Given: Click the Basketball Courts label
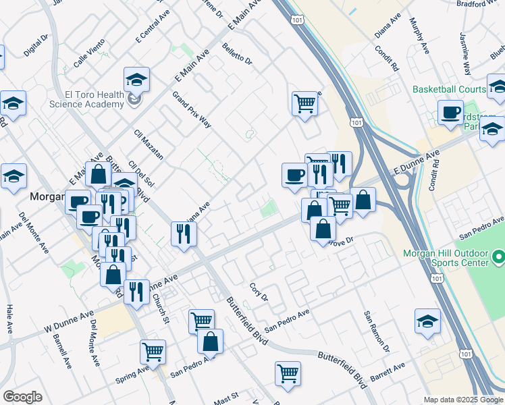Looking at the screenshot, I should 449,89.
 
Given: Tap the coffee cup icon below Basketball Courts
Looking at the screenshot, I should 450,113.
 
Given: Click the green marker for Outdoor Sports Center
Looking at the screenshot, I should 498,256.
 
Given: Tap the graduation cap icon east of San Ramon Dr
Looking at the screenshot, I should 427,322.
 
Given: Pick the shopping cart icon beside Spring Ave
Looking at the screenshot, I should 153,352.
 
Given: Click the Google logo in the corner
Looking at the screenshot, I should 22,397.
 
